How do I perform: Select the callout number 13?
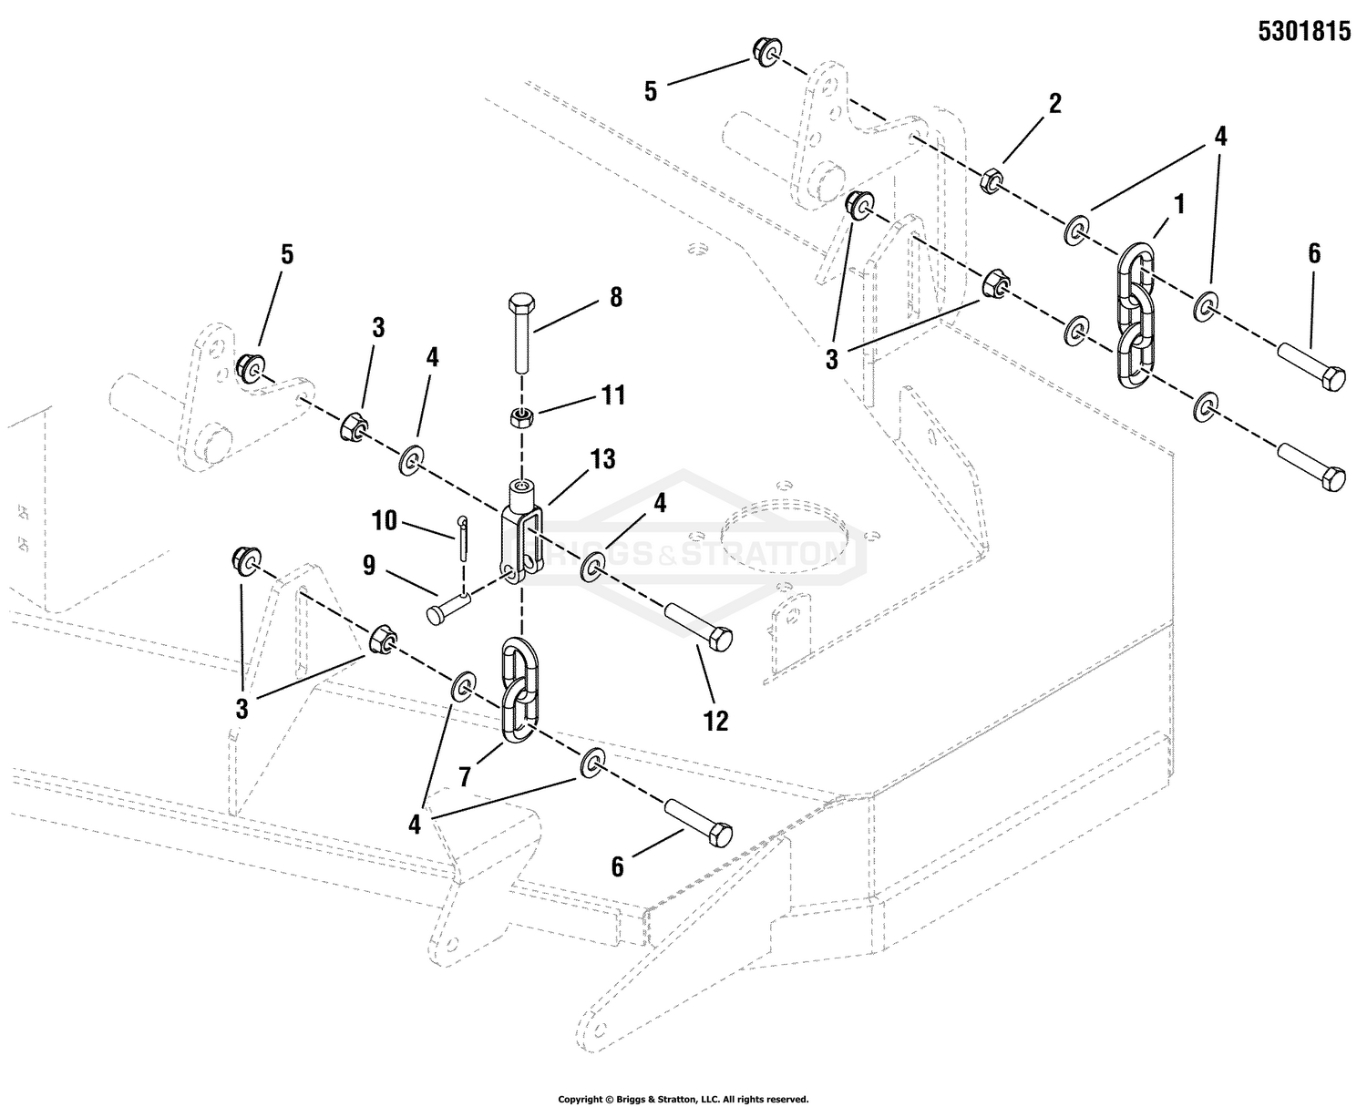pyautogui.click(x=602, y=460)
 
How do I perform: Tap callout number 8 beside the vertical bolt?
pyautogui.click(x=616, y=297)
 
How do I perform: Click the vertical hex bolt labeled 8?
pyautogui.click(x=522, y=333)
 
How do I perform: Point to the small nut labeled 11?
pyautogui.click(x=520, y=418)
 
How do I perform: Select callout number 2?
pyautogui.click(x=1055, y=103)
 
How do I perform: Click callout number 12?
pyautogui.click(x=715, y=721)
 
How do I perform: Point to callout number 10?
pyautogui.click(x=385, y=521)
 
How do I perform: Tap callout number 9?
pyautogui.click(x=369, y=567)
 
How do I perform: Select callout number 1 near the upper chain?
pyautogui.click(x=1179, y=204)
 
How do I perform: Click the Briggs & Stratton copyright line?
pyautogui.click(x=683, y=1099)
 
